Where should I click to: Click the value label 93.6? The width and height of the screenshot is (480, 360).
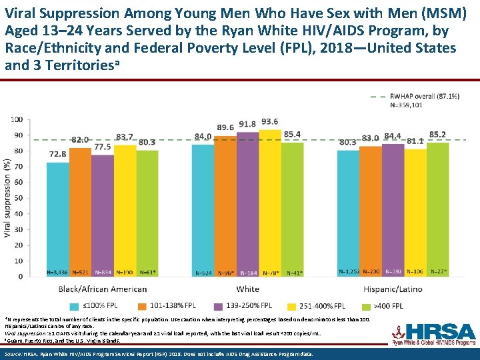270,122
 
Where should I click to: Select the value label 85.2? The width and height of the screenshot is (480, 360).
438,135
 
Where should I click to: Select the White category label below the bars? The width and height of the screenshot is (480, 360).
247,289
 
